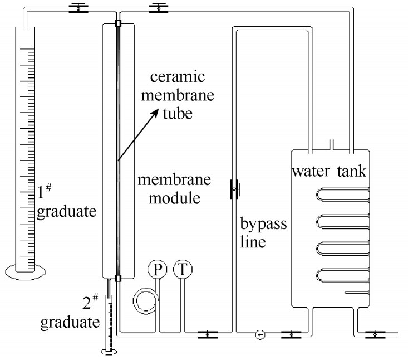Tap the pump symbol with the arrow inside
pyautogui.click(x=260, y=334)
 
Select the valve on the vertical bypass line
pyautogui.click(x=234, y=189)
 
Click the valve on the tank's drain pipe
pyautogui.click(x=375, y=334)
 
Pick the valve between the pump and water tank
pyautogui.click(x=292, y=334)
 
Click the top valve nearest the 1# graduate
pyautogui.click(x=78, y=8)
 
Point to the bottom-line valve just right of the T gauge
pyautogui.click(x=208, y=334)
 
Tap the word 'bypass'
pyautogui.click(x=263, y=224)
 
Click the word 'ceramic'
pyautogui.click(x=178, y=77)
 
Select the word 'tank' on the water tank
pyautogui.click(x=352, y=172)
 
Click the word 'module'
pyautogui.click(x=174, y=198)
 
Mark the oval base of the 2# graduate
pyautogui.click(x=109, y=352)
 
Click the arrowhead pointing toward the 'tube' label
pyautogui.click(x=155, y=113)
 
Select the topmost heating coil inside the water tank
pyautogui.click(x=343, y=194)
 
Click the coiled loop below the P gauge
pyautogui.click(x=146, y=301)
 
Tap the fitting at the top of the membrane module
pyautogui.click(x=118, y=23)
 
